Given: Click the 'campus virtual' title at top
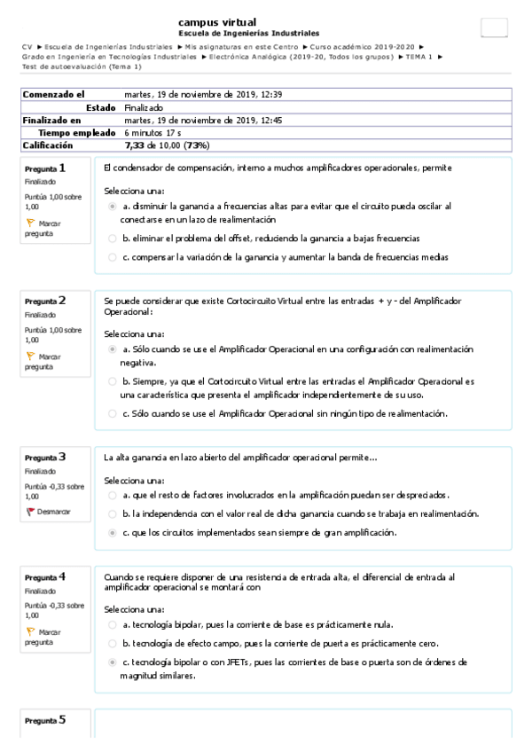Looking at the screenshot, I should pos(217,22).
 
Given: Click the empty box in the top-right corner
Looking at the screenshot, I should pos(494,27).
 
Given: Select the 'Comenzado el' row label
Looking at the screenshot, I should pos(53,94).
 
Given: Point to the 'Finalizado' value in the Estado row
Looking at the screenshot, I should pos(144,107).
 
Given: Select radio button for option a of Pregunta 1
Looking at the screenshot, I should pos(112,206).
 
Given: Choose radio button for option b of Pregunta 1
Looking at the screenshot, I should pos(112,239).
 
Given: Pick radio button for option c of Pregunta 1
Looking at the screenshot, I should pos(112,257).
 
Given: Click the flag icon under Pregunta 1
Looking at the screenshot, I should pos(30,223).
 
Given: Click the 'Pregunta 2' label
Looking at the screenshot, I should pos(44,301).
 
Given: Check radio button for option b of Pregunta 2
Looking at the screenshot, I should pos(112,381).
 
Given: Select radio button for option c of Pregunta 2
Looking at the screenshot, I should pos(112,413).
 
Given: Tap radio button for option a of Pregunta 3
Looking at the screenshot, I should pos(112,495).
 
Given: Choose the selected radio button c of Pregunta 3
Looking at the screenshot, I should pos(112,533).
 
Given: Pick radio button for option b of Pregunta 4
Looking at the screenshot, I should pos(112,643).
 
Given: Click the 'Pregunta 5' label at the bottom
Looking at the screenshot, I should pos(44,721).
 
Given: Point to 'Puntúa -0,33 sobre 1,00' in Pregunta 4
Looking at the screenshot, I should pos(52,609).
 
